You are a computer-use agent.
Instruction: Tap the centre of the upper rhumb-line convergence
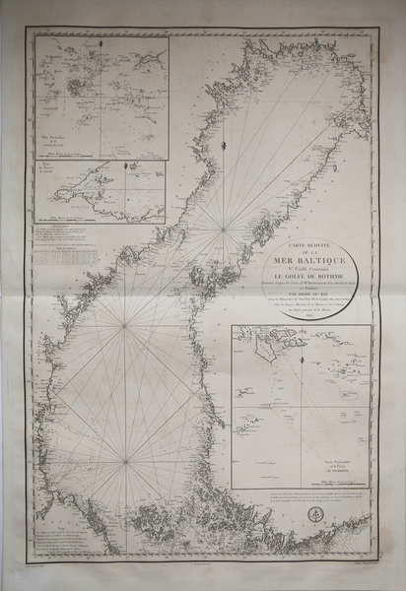(x=226, y=231)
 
